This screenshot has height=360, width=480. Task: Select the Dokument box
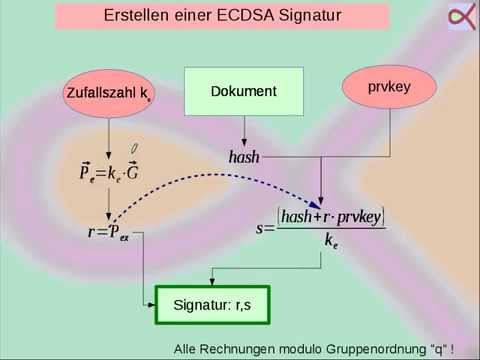243,91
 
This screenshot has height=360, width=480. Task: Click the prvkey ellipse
390,88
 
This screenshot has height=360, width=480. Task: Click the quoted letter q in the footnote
436,349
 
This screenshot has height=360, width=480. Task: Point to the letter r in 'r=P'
93,233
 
